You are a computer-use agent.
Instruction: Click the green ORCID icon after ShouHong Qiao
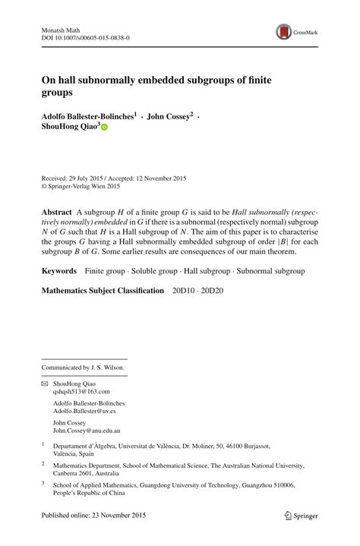(105, 128)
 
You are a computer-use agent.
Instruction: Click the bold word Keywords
(59, 270)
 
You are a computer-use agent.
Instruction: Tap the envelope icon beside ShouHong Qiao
(45, 385)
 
